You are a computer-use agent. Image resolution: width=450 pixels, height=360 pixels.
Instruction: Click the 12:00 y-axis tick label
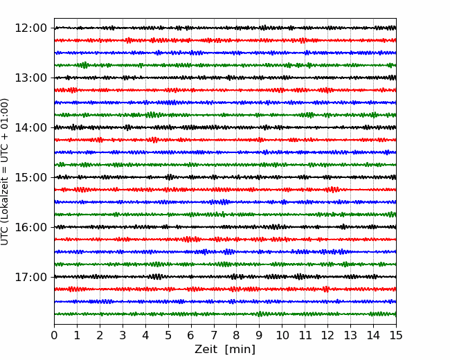(x=30, y=28)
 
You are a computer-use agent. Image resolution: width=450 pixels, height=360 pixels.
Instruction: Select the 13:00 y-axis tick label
(x=30, y=78)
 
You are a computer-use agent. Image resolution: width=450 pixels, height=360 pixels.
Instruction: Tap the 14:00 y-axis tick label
(x=30, y=127)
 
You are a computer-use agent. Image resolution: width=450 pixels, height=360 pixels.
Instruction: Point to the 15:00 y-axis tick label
(x=30, y=177)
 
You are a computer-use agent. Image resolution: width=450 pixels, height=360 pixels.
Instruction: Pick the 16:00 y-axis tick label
(x=30, y=227)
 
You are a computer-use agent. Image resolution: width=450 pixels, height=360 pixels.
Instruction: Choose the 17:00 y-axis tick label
(x=30, y=277)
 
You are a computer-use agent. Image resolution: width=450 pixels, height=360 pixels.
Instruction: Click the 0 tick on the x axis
(x=54, y=336)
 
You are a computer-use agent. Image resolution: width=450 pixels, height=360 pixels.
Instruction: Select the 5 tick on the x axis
(x=168, y=336)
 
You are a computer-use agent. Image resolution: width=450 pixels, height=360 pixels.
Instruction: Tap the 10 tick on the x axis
(x=282, y=336)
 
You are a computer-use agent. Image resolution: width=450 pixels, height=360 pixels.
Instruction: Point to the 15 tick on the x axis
(x=396, y=336)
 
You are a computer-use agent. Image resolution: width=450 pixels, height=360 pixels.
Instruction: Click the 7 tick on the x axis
(x=214, y=336)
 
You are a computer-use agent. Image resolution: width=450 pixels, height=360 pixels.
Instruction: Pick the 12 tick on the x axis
(x=327, y=336)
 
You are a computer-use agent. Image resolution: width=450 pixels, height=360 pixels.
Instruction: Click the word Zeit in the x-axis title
(x=206, y=350)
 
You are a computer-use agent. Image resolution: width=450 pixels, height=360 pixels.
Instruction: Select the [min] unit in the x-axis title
(x=241, y=350)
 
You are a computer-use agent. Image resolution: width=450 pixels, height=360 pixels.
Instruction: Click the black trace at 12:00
(x=208, y=28)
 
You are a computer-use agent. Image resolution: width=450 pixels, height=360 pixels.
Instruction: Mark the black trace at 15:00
(x=208, y=177)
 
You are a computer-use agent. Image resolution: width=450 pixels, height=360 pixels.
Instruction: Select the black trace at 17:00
(x=208, y=277)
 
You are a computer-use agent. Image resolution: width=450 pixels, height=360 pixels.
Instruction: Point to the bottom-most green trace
(x=208, y=314)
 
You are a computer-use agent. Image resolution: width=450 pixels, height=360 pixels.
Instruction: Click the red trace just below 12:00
(x=208, y=40)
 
